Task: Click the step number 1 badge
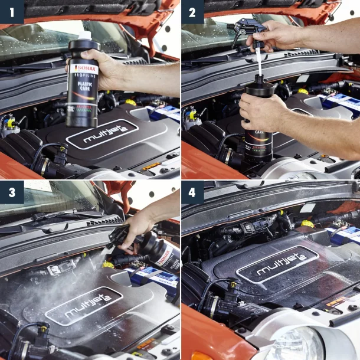tap(12, 12)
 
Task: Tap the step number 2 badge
tap(192, 12)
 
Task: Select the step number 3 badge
tap(12, 192)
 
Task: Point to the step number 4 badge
tap(192, 192)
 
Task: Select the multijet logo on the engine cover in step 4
tap(277, 264)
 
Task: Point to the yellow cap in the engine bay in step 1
tap(130, 102)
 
